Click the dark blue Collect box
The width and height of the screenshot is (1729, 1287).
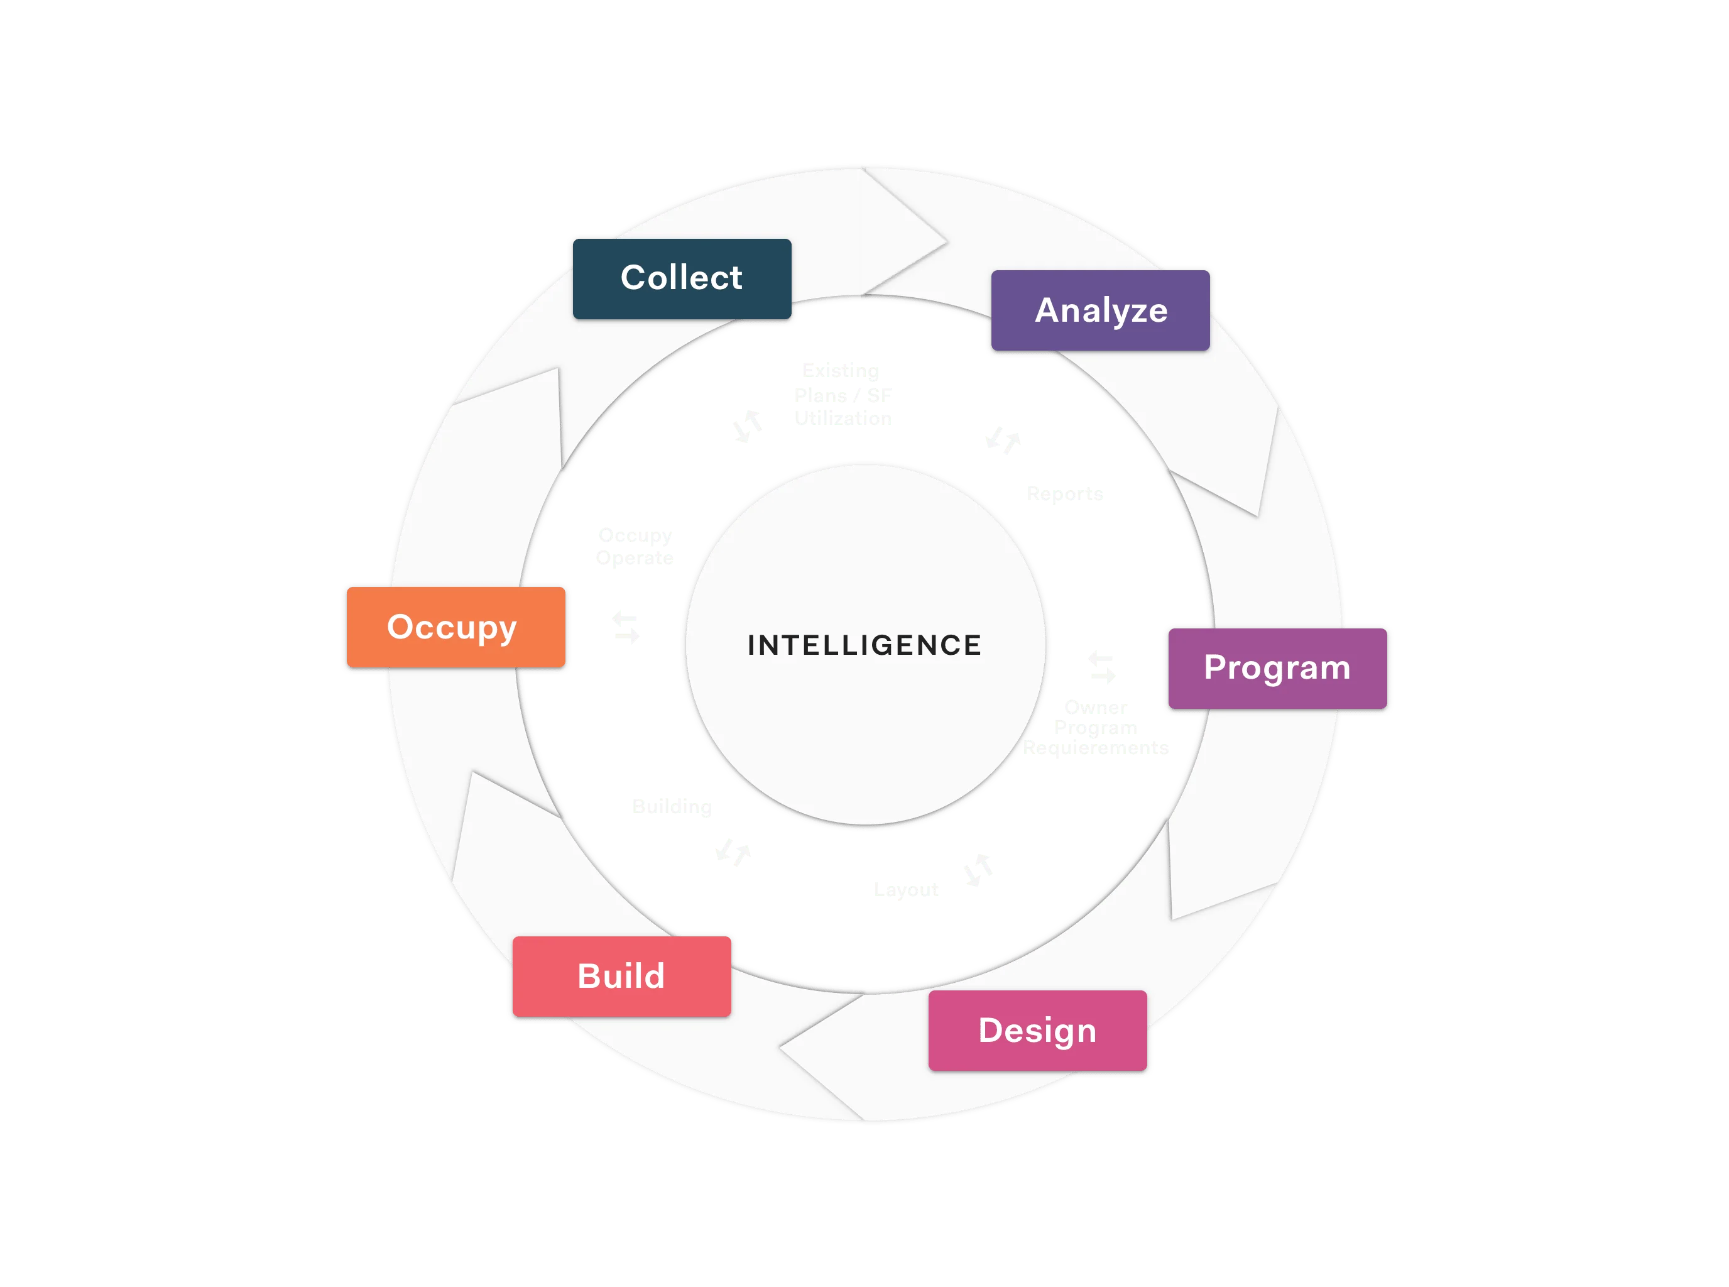682,278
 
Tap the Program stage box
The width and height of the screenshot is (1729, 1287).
1277,667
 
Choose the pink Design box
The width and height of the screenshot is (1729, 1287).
1037,1030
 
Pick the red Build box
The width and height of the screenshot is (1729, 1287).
621,976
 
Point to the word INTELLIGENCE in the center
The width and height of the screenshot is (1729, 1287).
864,645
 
